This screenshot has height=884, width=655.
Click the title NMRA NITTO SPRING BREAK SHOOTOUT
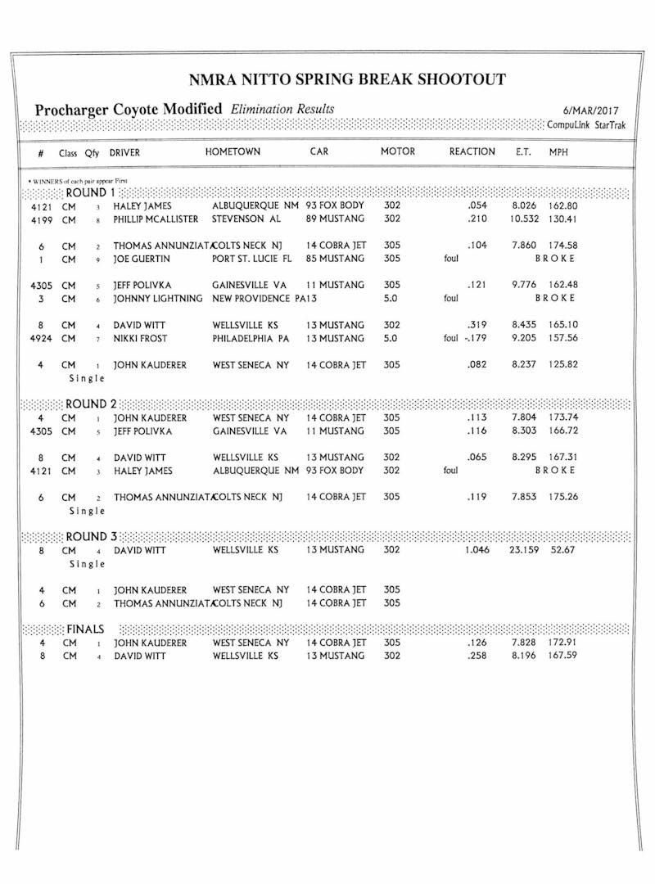[347, 79]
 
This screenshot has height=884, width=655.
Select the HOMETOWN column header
[233, 152]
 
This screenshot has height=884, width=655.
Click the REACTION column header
[472, 152]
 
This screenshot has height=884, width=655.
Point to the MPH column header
[558, 152]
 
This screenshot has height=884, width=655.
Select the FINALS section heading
[85, 629]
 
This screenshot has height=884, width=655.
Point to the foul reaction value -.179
[476, 338]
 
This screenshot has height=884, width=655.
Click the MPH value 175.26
[563, 497]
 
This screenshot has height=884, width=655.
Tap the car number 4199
[41, 219]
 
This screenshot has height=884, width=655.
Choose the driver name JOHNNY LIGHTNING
[157, 298]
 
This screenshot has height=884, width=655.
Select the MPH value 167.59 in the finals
[563, 656]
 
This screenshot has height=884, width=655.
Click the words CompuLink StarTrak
[586, 125]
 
